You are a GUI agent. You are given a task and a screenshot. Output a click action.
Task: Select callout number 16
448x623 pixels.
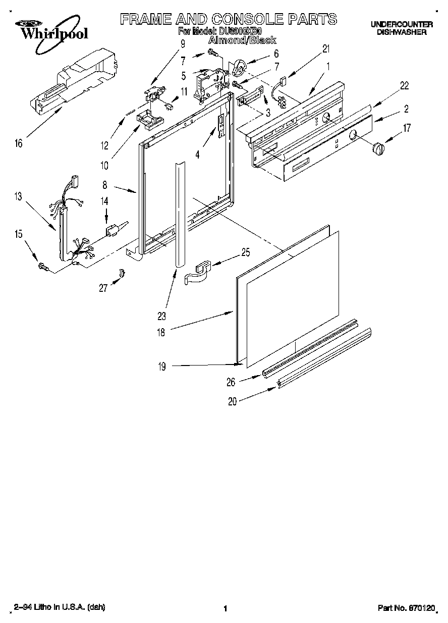[x=19, y=144]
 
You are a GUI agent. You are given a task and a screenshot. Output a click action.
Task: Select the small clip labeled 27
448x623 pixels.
[x=122, y=273]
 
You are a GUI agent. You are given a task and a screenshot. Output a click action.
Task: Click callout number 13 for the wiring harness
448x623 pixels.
[x=19, y=196]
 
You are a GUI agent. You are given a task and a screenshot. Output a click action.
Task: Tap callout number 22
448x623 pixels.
[x=404, y=86]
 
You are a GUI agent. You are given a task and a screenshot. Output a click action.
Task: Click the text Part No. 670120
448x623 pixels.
[x=406, y=608]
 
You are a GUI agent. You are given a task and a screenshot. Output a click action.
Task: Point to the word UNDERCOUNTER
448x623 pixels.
[x=402, y=24]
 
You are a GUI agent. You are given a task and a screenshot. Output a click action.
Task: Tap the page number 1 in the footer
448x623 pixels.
[x=225, y=609]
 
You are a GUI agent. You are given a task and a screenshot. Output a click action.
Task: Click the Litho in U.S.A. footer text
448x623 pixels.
[x=59, y=607]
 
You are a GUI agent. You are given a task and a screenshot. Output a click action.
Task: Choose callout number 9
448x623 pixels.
[x=183, y=44]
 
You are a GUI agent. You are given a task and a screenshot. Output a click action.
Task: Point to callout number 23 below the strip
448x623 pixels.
[x=161, y=317]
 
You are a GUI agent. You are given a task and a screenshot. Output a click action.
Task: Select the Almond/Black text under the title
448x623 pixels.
[x=242, y=40]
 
